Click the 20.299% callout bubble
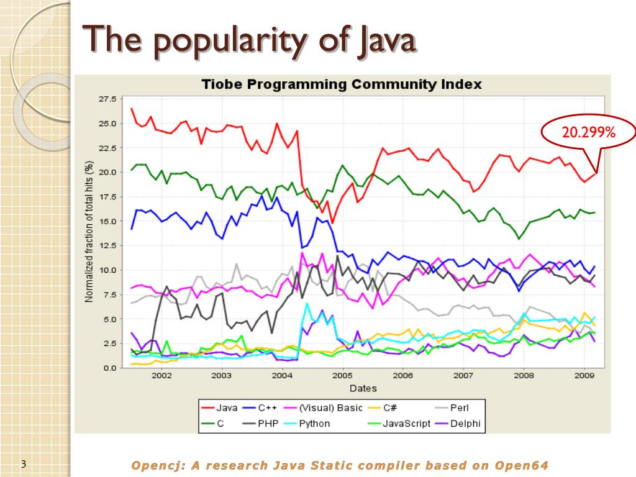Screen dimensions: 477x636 pos(588,132)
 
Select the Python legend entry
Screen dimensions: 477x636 pos(314,424)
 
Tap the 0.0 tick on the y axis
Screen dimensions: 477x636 pos(110,368)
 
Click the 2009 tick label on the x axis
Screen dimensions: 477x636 pos(583,376)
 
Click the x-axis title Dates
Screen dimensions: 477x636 pos(363,389)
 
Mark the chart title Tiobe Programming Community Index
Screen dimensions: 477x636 pos(342,84)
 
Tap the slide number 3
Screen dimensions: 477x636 pos(24,464)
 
